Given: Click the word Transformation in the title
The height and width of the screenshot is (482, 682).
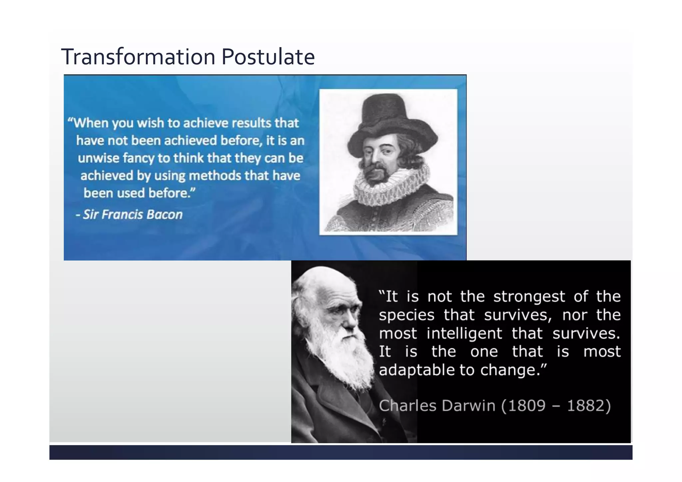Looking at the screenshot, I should point(138,57).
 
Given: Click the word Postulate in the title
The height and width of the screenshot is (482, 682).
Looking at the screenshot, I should point(268,57).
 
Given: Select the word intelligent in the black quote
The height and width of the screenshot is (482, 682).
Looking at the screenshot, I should point(464,333).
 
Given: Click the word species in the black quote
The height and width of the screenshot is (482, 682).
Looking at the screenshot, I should point(407,315).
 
